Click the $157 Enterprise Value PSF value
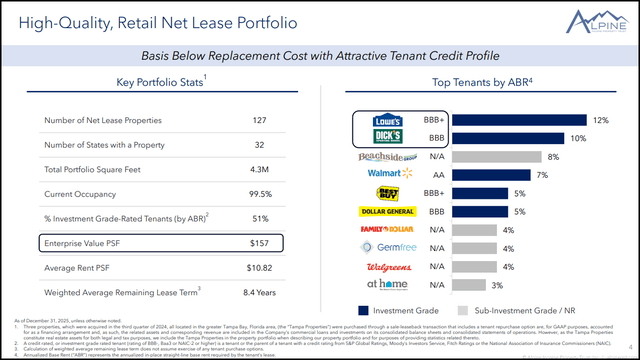click(x=259, y=242)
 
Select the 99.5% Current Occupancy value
click(x=259, y=193)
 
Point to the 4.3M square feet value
click(x=259, y=169)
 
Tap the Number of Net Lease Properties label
click(x=102, y=120)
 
